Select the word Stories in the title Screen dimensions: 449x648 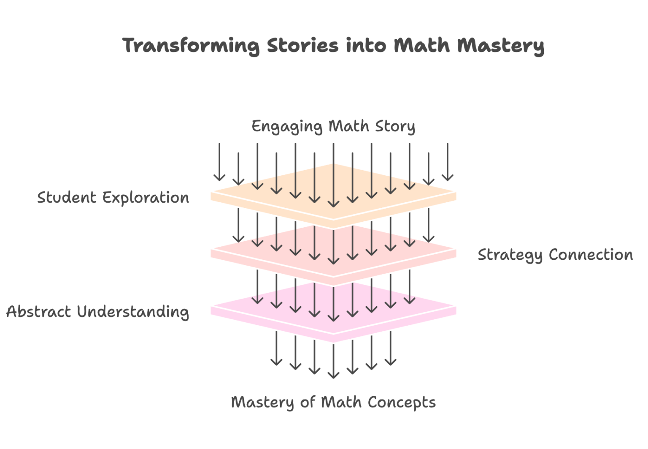[x=302, y=45]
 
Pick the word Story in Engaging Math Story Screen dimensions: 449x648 [x=395, y=126]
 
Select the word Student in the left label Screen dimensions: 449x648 [x=67, y=198]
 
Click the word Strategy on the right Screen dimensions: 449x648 [x=510, y=255]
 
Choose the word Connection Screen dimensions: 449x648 [x=591, y=255]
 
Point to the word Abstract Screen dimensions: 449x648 [x=38, y=312]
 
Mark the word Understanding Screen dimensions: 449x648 [x=133, y=312]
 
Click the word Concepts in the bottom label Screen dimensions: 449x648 [x=402, y=403]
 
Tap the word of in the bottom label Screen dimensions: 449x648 [x=308, y=402]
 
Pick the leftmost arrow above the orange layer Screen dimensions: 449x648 [x=219, y=163]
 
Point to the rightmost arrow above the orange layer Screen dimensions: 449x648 [x=448, y=163]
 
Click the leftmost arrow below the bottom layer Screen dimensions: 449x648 [x=276, y=348]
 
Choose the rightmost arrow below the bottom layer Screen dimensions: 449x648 [x=391, y=348]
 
